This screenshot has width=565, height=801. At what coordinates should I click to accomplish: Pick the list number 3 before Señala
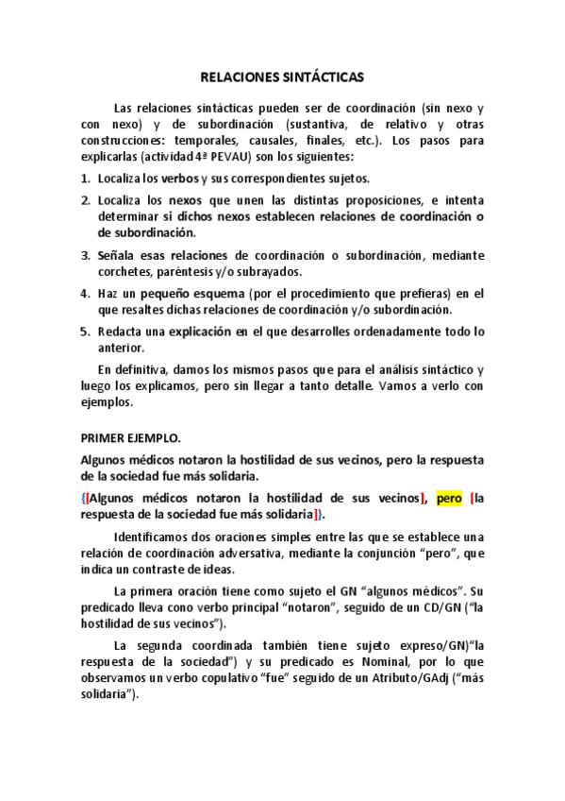point(85,254)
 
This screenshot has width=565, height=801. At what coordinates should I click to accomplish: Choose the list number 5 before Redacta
point(85,331)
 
